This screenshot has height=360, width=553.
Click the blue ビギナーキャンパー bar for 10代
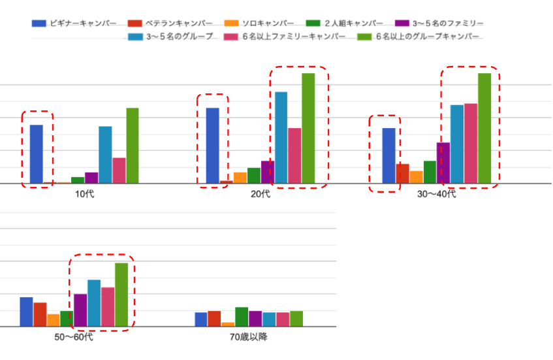(37, 154)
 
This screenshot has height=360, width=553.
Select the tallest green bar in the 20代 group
(308, 128)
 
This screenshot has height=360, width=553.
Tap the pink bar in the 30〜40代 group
(471, 143)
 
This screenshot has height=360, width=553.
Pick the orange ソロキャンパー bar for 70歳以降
(228, 324)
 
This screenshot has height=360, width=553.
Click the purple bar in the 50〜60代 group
(80, 310)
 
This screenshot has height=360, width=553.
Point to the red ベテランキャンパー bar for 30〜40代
(403, 174)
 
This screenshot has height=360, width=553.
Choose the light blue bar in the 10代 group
(105, 155)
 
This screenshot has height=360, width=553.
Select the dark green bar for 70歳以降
(242, 317)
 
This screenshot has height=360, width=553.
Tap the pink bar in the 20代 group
(294, 155)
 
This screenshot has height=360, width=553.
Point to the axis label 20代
(260, 194)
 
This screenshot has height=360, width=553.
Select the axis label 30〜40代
(437, 194)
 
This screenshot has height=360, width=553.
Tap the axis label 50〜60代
(74, 338)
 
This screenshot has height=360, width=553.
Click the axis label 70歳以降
(249, 338)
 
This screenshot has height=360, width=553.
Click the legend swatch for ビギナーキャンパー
(39, 24)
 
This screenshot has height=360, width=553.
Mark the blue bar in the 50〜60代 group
(26, 312)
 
